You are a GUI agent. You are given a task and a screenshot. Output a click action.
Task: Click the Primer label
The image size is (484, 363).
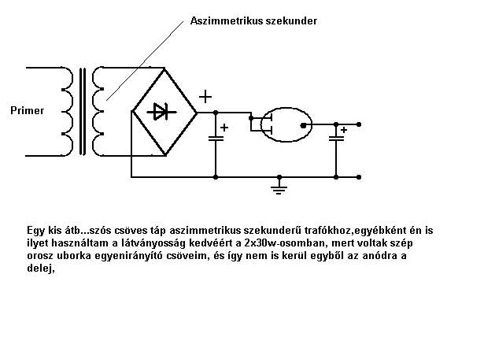(x=28, y=110)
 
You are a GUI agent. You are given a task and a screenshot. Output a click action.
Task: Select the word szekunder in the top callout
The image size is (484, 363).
(x=290, y=21)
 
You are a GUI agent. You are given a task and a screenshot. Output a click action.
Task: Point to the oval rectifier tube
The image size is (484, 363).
(x=284, y=124)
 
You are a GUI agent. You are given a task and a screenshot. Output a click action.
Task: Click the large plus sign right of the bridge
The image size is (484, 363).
(x=205, y=97)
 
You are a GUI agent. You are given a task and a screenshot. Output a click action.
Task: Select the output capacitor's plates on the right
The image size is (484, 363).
(x=336, y=139)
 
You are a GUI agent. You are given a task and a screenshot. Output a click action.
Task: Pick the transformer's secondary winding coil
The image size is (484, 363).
(x=98, y=110)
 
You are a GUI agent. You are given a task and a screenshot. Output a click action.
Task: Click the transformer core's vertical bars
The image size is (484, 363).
(x=82, y=110)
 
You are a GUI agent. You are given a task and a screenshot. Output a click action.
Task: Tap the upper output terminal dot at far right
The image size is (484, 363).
(x=360, y=124)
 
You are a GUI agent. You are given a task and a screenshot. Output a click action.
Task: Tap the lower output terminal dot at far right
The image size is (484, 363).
(x=360, y=176)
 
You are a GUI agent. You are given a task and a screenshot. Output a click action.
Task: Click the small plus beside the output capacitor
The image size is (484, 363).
(x=344, y=130)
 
